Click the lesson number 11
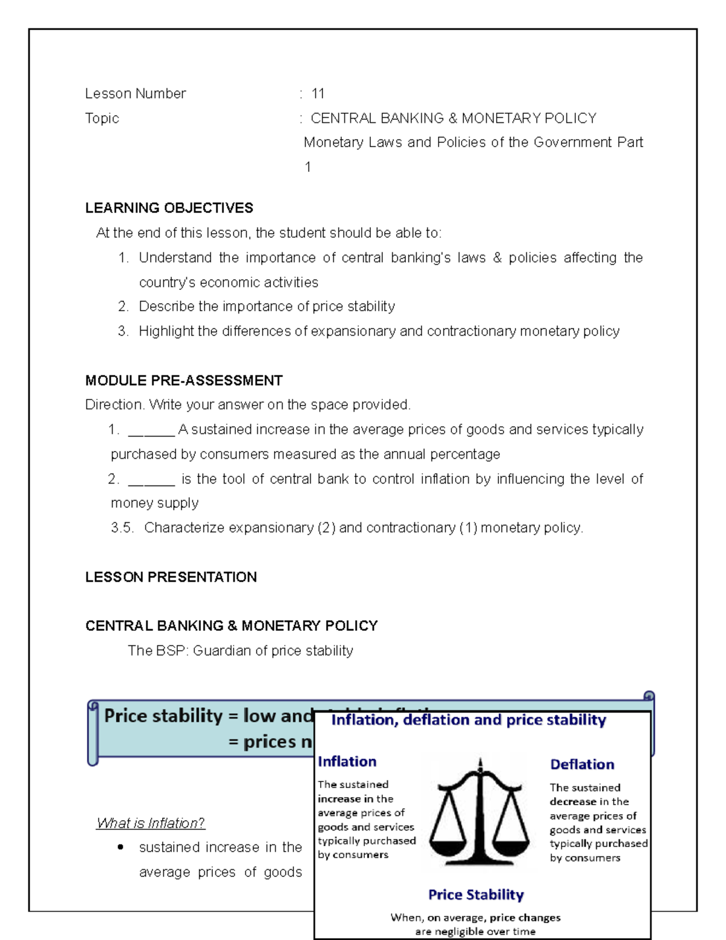click(318, 94)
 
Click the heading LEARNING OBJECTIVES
click(169, 208)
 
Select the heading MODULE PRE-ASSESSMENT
click(183, 381)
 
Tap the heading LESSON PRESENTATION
click(171, 577)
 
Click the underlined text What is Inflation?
click(150, 823)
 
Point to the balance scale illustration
click(480, 811)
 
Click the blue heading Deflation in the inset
click(582, 764)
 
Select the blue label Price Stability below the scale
click(476, 895)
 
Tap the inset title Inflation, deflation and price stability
click(468, 720)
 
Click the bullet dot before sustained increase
click(121, 847)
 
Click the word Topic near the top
click(102, 119)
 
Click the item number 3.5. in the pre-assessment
click(122, 528)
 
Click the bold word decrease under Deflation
click(572, 801)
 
